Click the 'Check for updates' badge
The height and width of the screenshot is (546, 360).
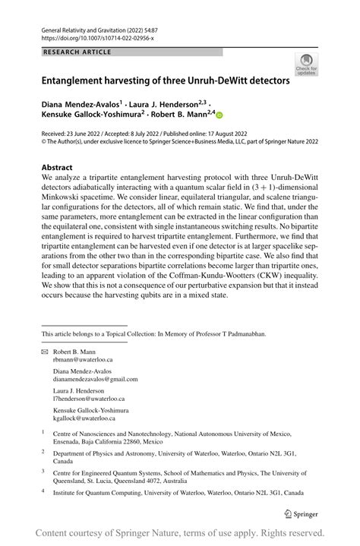(308, 64)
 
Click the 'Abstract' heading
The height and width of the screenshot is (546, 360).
(57, 167)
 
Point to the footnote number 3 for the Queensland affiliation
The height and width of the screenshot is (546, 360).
(43, 471)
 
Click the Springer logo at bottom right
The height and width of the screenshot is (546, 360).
(302, 513)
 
